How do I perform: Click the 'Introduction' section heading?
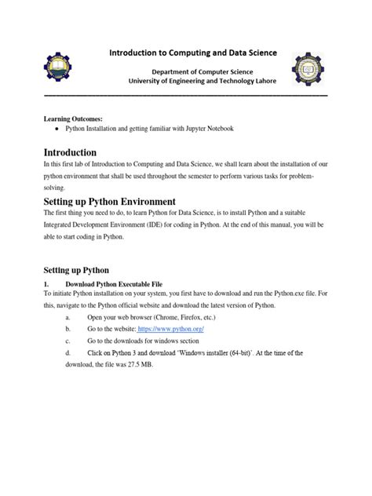coord(70,151)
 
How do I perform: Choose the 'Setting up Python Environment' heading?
coord(109,201)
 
